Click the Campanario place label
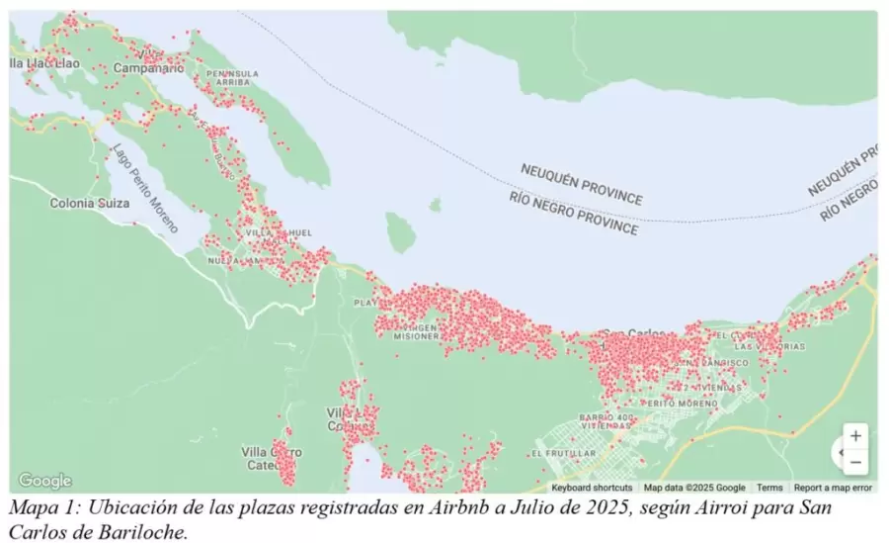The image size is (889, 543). pyautogui.click(x=148, y=68)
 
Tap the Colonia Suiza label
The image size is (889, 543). pyautogui.click(x=90, y=203)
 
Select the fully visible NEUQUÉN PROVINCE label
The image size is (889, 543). pyautogui.click(x=582, y=184)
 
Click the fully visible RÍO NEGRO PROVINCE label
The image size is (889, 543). pyautogui.click(x=573, y=213)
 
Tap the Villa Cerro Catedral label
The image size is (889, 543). pyautogui.click(x=272, y=459)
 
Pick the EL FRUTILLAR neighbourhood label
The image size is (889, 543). pyautogui.click(x=562, y=454)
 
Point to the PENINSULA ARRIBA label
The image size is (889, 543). pyautogui.click(x=233, y=80)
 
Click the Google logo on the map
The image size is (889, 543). pyautogui.click(x=45, y=481)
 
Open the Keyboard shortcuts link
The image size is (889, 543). pyautogui.click(x=592, y=488)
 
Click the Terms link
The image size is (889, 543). pyautogui.click(x=769, y=488)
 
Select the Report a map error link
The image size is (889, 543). pyautogui.click(x=833, y=488)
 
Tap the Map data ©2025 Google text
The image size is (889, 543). pyautogui.click(x=694, y=488)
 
